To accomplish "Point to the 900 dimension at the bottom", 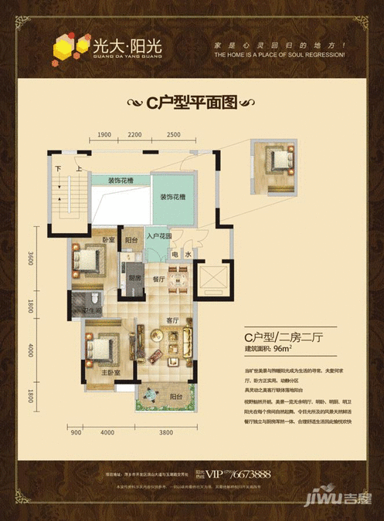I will [x=76, y=433].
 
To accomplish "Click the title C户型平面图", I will [x=191, y=101].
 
